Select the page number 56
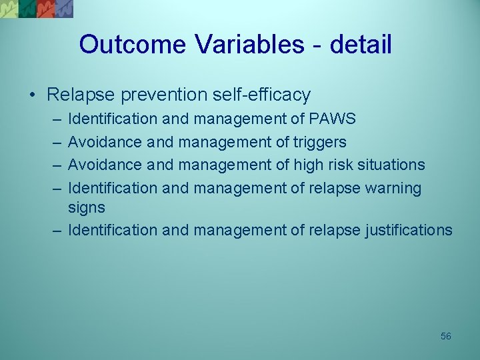[x=446, y=336]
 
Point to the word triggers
[x=319, y=142]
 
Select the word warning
[x=393, y=188]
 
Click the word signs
[x=87, y=207]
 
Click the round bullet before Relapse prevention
[x=33, y=95]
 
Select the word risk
[x=340, y=165]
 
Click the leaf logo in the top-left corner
[x=37, y=9]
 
